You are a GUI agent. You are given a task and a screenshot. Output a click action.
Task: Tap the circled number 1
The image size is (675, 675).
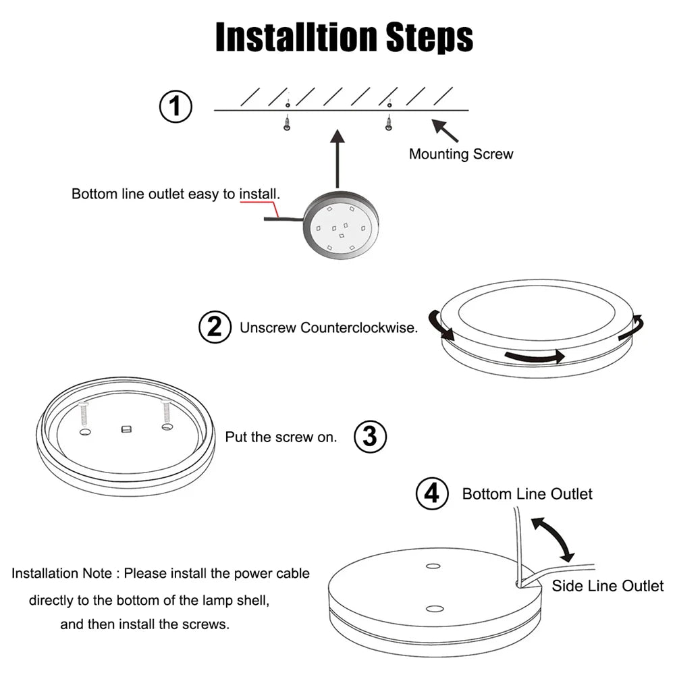pos(175,107)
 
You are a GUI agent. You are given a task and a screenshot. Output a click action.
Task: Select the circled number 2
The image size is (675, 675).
pos(215,327)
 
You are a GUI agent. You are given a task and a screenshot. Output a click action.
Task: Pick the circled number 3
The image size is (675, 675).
pos(370,437)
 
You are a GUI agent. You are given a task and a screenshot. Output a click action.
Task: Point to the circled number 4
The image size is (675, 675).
pos(431,493)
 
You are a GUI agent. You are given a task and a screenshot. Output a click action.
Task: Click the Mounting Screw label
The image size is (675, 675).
pos(461,154)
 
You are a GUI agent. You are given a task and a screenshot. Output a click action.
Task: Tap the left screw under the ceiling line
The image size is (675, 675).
pos(287,123)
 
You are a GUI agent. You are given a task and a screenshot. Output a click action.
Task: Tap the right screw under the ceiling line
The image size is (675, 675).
pos(388,123)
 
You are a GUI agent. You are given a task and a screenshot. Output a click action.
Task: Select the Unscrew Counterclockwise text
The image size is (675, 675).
pos(329,328)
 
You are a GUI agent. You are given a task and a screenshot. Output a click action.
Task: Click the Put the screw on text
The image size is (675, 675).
pos(280,437)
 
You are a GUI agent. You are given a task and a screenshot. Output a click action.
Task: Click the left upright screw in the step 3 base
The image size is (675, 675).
pos(84,412)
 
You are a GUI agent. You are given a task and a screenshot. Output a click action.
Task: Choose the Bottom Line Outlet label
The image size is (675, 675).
pos(527,494)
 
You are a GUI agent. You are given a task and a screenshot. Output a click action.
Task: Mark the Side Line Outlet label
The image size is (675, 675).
pos(607,585)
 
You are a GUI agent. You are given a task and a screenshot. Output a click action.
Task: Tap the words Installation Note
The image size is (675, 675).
pos(61,574)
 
